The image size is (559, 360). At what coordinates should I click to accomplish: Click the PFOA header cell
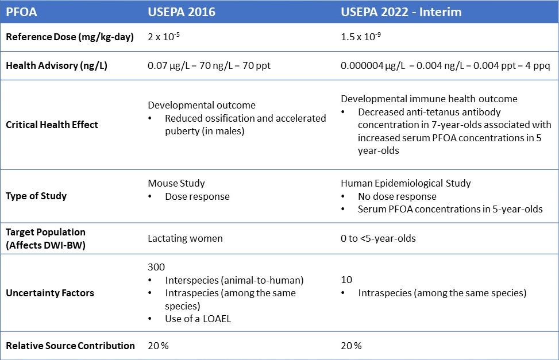20,11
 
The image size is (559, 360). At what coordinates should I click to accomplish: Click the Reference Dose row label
70,37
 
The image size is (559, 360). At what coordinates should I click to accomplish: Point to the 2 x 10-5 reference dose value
165,38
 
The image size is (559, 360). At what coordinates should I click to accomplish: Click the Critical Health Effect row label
52,125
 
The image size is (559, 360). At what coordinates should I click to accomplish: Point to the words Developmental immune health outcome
429,99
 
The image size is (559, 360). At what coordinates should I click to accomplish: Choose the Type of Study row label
36,196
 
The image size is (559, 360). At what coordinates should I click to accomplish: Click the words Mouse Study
176,184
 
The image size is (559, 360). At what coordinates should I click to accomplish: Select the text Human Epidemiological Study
406,184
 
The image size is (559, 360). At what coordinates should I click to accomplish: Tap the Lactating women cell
186,238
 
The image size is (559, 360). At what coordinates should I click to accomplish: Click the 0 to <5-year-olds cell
379,238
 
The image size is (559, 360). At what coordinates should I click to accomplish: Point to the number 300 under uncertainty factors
156,268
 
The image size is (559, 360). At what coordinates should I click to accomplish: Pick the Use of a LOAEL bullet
198,319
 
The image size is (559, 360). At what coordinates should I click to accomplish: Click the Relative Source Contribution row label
70,346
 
